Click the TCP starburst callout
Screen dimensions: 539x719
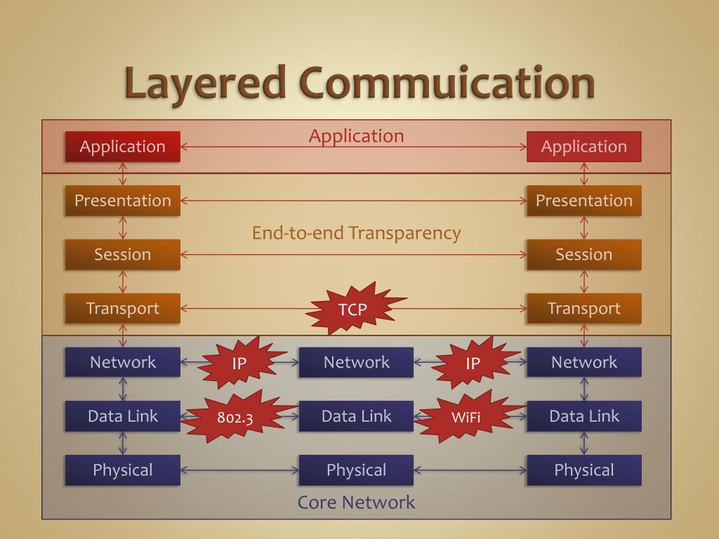(352, 309)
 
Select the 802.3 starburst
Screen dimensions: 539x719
(235, 417)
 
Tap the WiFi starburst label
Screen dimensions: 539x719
(466, 417)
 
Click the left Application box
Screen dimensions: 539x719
(123, 147)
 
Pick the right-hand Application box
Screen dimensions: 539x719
(583, 147)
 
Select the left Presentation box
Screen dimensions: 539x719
(123, 201)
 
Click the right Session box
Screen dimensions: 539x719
(583, 255)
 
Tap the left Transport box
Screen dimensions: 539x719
(123, 309)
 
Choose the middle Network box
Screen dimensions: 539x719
(356, 363)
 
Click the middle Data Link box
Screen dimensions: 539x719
(356, 416)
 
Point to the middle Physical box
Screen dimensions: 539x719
(356, 470)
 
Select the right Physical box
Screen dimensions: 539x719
(583, 470)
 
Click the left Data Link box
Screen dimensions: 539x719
(123, 416)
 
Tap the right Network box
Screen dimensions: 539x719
(583, 363)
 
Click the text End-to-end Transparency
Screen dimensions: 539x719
(356, 233)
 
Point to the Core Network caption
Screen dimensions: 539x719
(356, 503)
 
